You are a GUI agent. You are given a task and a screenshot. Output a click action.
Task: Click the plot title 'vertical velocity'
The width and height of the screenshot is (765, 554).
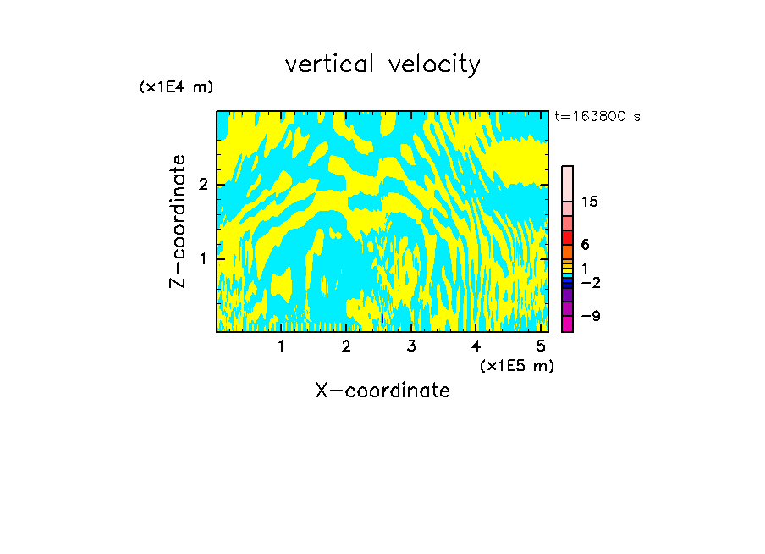(x=382, y=64)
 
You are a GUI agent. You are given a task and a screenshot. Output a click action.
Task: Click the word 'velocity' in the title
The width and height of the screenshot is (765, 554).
(x=432, y=64)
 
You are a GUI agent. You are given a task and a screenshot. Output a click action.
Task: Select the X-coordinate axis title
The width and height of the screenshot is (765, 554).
(x=382, y=391)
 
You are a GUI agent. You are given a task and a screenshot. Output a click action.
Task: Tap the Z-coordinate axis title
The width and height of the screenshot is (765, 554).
(x=178, y=221)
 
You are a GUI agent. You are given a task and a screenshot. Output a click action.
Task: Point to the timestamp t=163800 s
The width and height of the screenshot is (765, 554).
(x=597, y=117)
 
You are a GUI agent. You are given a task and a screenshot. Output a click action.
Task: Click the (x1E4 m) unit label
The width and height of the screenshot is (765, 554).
(x=176, y=87)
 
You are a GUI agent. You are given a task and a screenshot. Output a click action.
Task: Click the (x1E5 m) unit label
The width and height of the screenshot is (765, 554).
(x=516, y=365)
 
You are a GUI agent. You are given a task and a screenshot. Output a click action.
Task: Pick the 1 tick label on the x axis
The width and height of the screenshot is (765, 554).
(x=281, y=346)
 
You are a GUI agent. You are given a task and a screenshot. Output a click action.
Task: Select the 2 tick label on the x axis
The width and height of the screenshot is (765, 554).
(x=346, y=346)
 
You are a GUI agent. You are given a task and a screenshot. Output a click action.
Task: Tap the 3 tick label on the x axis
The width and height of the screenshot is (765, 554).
(x=411, y=346)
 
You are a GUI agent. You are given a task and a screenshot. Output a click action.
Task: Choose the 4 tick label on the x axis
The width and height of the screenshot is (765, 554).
(x=476, y=346)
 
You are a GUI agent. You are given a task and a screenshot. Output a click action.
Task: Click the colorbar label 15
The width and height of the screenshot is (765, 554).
(x=590, y=202)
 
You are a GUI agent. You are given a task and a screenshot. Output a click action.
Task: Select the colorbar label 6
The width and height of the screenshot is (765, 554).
(x=585, y=245)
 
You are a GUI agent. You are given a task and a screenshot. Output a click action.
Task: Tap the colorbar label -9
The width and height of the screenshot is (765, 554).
(x=591, y=317)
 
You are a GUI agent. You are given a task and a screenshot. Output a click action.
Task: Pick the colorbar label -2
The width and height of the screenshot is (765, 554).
(x=591, y=283)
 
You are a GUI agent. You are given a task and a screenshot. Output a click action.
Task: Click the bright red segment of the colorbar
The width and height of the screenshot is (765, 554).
(x=568, y=237)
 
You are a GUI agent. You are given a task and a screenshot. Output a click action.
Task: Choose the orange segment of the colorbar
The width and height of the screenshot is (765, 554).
(x=568, y=252)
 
